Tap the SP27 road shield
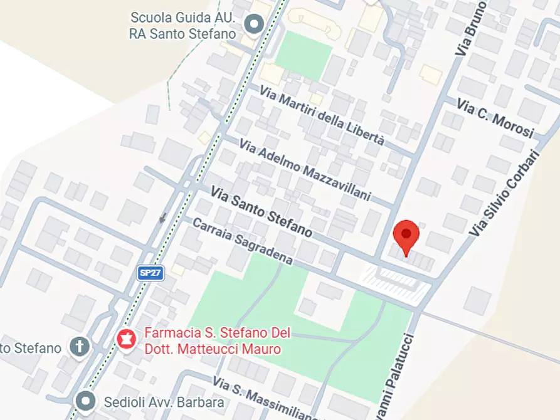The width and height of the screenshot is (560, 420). pyautogui.click(x=151, y=273)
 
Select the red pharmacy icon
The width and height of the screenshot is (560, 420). pyautogui.click(x=127, y=339)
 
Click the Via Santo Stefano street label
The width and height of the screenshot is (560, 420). pyautogui.click(x=261, y=211)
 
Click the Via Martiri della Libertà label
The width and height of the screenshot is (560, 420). pyautogui.click(x=322, y=117)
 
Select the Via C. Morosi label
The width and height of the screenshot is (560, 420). pyautogui.click(x=495, y=118)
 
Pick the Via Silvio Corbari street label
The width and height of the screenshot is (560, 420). pyautogui.click(x=504, y=193)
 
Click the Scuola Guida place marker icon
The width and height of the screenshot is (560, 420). pyautogui.click(x=254, y=25)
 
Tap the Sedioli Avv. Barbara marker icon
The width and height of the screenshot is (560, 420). pyautogui.click(x=85, y=401)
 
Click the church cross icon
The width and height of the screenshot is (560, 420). pyautogui.click(x=80, y=347)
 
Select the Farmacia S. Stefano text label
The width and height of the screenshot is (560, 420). pyautogui.click(x=212, y=341)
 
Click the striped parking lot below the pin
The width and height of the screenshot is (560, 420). pyautogui.click(x=398, y=283)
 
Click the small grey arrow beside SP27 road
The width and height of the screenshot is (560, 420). pyautogui.click(x=163, y=218)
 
